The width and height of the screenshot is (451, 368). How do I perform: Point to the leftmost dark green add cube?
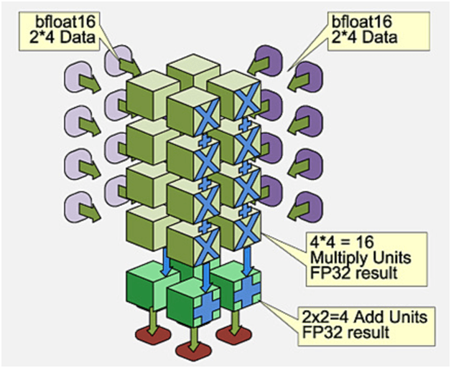(146, 285)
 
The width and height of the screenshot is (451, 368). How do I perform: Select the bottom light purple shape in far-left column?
(78, 208)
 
